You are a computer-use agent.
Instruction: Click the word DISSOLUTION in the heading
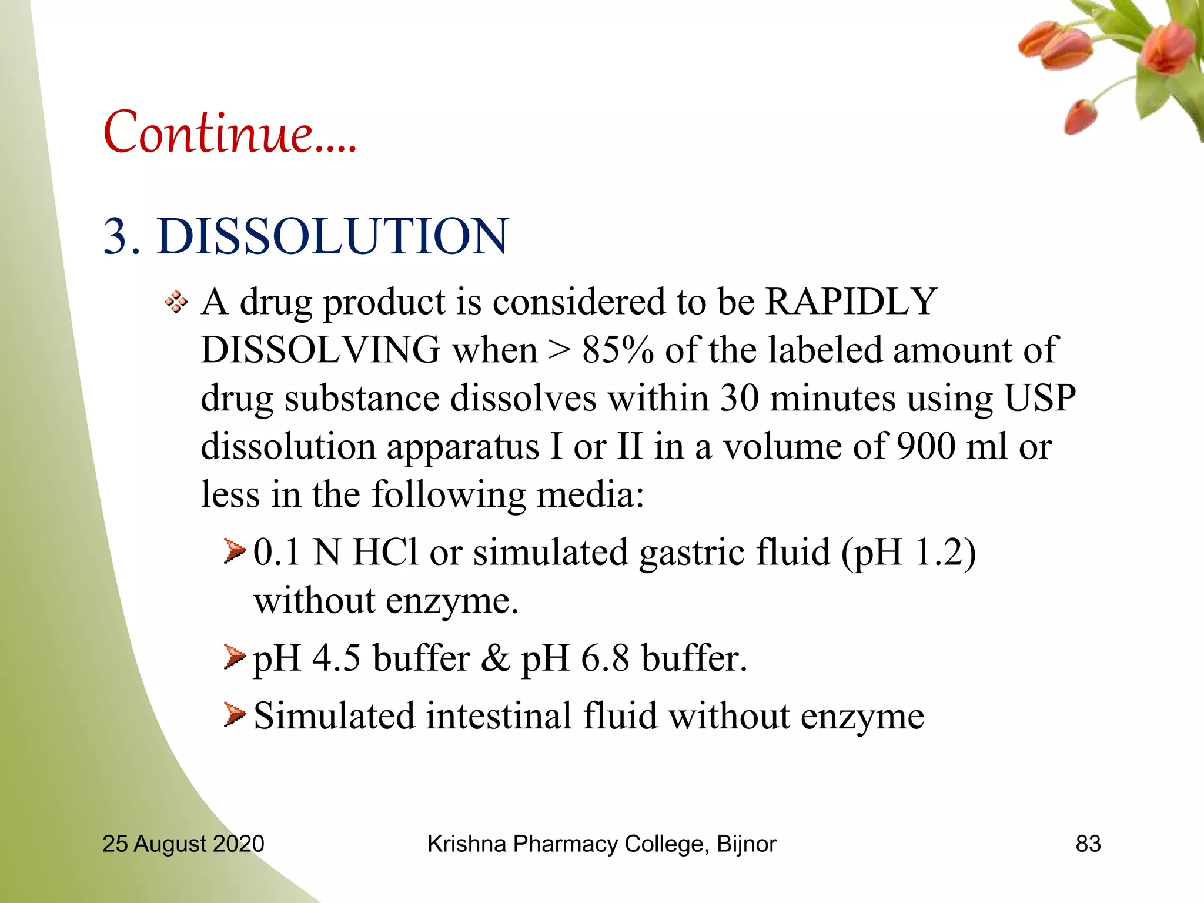pyautogui.click(x=332, y=236)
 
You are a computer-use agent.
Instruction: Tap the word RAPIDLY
pyautogui.click(x=851, y=302)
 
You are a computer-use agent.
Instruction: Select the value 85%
pyautogui.click(x=617, y=350)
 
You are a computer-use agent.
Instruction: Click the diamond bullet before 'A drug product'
pyautogui.click(x=176, y=303)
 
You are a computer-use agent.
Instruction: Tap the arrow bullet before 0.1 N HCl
pyautogui.click(x=234, y=552)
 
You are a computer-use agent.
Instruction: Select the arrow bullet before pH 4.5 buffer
pyautogui.click(x=234, y=657)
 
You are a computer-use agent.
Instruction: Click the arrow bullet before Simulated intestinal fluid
pyautogui.click(x=234, y=715)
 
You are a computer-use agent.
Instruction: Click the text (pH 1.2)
pyautogui.click(x=908, y=553)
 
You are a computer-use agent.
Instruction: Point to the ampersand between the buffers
pyautogui.click(x=495, y=658)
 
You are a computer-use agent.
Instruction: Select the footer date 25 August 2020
pyautogui.click(x=183, y=844)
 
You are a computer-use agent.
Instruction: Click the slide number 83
pyautogui.click(x=1088, y=844)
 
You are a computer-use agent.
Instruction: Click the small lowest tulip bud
pyautogui.click(x=1081, y=117)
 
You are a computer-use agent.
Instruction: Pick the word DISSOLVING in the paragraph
pyautogui.click(x=320, y=350)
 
